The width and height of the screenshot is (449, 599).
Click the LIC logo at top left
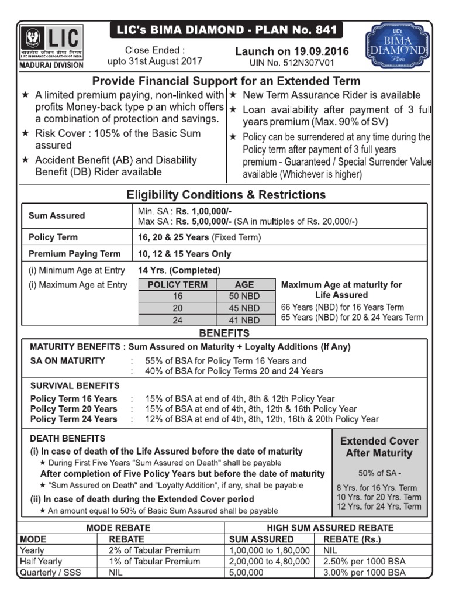point(52,43)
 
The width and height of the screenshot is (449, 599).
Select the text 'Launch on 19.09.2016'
point(292,51)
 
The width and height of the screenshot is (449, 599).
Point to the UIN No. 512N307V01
point(292,62)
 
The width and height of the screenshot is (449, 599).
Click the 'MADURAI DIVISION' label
point(52,65)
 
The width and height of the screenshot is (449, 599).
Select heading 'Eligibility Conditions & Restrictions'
point(226,195)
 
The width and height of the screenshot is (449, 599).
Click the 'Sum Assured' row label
point(57,215)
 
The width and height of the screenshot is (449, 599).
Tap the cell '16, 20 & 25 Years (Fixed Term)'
point(199,237)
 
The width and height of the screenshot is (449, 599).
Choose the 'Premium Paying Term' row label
point(74,254)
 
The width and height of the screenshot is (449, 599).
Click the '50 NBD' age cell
point(244,296)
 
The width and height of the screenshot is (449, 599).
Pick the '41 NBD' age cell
point(244,320)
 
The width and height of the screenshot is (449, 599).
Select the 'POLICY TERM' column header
point(178,285)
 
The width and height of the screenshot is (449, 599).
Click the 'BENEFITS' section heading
point(224,333)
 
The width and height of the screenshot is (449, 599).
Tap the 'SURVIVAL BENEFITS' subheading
point(75,385)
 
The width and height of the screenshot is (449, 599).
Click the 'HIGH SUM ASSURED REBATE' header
point(330,528)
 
